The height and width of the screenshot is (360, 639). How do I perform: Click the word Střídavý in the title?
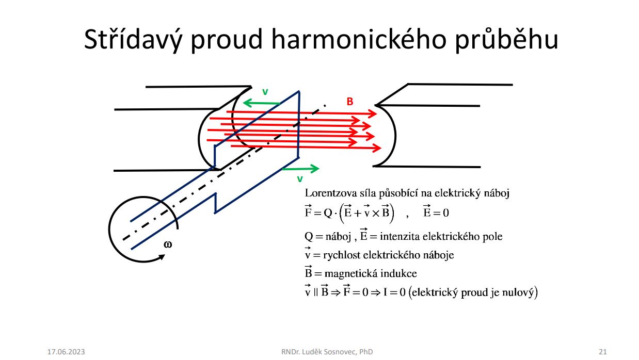coord(133,40)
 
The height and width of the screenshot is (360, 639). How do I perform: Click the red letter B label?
coord(350,102)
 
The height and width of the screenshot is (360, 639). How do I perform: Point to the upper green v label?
coord(265,92)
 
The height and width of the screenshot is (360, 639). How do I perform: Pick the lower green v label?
coord(300,179)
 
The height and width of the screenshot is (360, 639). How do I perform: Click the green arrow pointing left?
coord(262,103)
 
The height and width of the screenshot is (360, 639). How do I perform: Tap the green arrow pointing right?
coord(300,169)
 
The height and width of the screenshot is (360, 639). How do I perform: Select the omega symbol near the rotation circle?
coord(168,244)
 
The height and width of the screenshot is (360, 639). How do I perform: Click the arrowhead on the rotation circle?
coord(162,257)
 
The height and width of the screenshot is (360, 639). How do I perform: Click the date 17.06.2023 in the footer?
coord(66,352)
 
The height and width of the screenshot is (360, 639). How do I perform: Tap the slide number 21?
coord(603,352)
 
